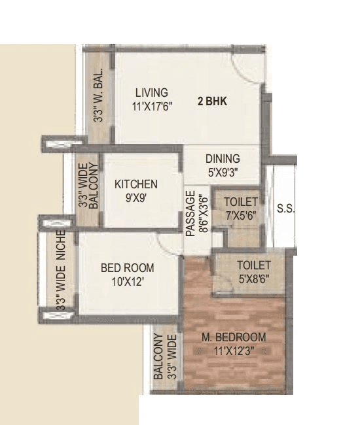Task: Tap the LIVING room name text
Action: pos(151,92)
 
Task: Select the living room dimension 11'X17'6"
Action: pos(151,106)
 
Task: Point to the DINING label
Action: pos(223,159)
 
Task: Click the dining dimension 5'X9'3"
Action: pos(223,173)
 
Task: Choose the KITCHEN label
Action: pos(136,184)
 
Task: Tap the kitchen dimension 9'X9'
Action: pos(136,198)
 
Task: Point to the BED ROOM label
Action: pos(128,267)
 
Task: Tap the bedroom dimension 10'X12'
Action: pos(128,282)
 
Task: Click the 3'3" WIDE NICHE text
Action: pos(61,269)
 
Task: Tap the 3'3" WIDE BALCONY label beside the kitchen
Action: pos(88,187)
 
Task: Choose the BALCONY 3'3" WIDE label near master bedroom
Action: pos(165,357)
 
